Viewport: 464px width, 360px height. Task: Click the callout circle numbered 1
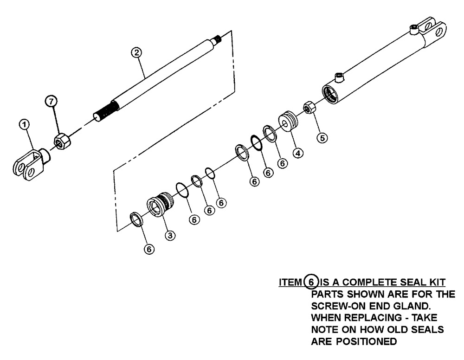(25, 124)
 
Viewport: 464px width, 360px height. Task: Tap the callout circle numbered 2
(135, 52)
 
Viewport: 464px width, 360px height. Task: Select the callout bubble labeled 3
(171, 235)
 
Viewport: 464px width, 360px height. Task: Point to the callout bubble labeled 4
(298, 154)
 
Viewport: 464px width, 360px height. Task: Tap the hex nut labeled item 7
(61, 140)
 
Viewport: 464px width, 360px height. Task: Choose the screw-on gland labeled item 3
(160, 204)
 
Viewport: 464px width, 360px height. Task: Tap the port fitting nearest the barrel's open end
(339, 77)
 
